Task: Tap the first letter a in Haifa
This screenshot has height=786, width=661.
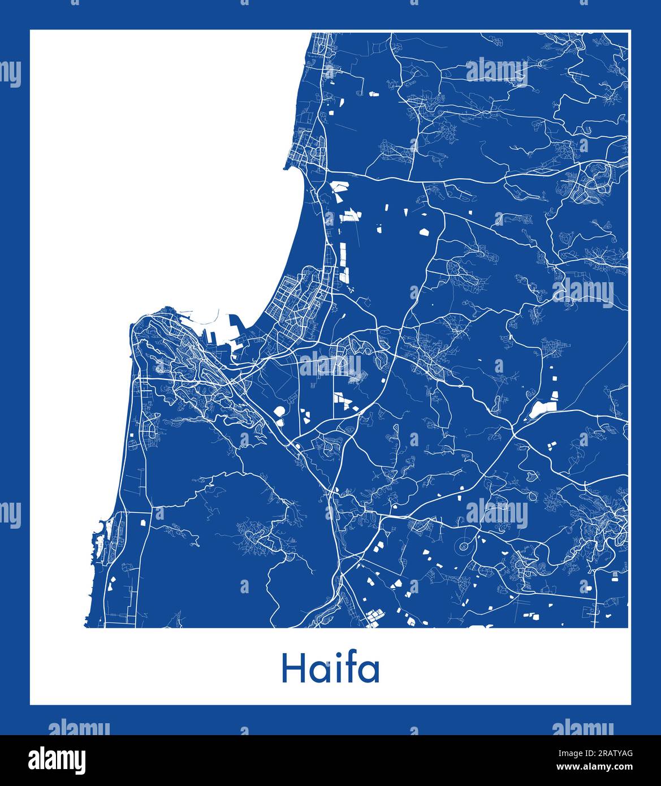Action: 319,671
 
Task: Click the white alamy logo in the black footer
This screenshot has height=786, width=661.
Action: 57,759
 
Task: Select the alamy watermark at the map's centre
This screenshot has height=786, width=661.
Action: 329,365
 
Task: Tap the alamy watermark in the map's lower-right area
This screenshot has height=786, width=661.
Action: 496,514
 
